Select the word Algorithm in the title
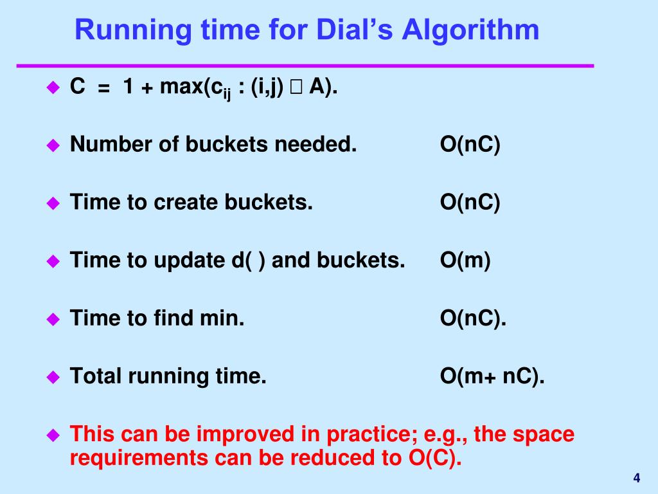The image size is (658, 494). coord(470,30)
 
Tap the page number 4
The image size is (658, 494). coord(636,478)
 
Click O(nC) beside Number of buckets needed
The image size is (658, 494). coord(470,145)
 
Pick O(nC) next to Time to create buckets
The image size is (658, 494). coord(470,203)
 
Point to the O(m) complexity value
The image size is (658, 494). coord(465,261)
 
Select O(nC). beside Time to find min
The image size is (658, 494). coord(473,318)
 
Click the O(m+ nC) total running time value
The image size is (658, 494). coord(492,376)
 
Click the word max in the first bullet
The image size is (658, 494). coord(181,87)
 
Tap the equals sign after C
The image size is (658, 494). coord(104,88)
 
